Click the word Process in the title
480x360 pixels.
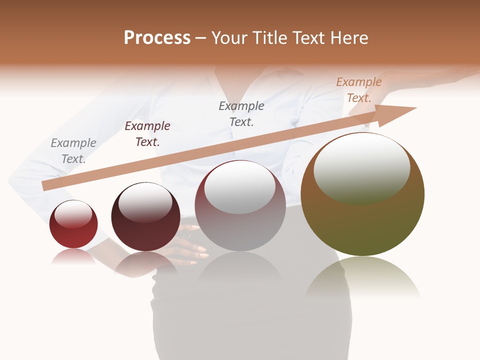coord(157,38)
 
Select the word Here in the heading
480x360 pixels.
coord(349,38)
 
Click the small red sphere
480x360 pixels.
coord(73,235)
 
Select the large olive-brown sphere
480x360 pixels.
coord(362,225)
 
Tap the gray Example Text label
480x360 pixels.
coord(73,151)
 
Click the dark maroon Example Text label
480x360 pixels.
coord(147,134)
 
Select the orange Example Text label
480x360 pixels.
coord(359,90)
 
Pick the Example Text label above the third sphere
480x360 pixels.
coord(241,113)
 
